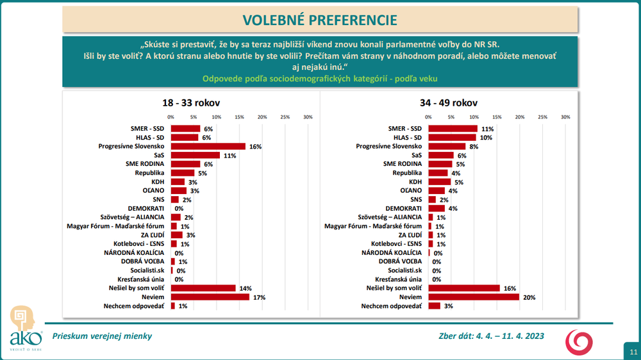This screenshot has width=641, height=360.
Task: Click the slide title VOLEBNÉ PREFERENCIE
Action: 320,20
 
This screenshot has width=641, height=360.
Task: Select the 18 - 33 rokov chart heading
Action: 192,102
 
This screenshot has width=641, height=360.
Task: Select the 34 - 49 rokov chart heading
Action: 449,102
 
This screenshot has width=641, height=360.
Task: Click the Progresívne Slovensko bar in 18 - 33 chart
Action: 208,146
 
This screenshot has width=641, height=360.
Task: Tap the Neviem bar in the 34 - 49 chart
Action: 473,297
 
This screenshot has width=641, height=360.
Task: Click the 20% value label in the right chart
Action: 529,297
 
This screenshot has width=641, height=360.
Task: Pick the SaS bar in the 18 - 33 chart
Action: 196,155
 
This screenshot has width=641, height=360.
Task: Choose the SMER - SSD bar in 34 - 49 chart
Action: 453,129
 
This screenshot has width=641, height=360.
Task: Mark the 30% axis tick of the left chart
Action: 308,117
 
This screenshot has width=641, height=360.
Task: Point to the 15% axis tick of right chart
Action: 497,117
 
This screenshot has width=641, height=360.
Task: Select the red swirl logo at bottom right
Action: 579,341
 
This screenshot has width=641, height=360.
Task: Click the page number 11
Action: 632,352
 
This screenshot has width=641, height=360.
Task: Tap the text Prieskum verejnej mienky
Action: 103,336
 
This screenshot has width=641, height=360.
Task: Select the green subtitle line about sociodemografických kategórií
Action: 320,79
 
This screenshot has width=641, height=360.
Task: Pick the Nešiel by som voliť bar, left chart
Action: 203,288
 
